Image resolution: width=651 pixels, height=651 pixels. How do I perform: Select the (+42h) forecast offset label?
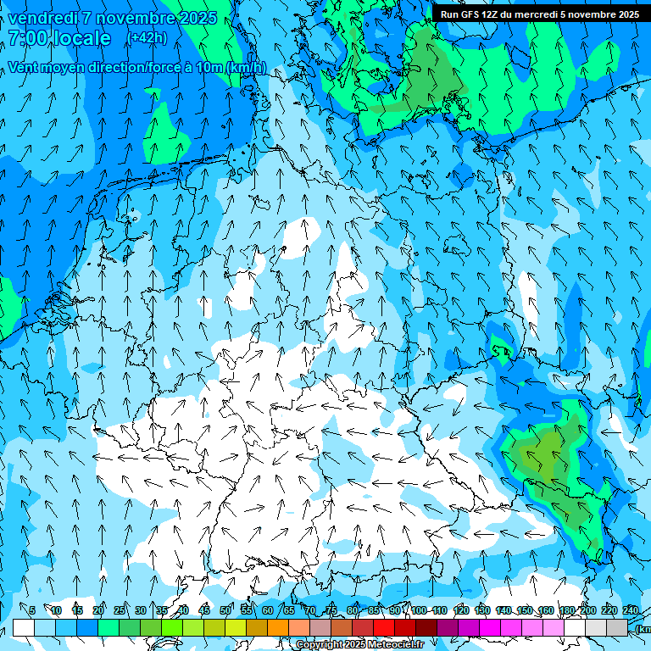coord(147,38)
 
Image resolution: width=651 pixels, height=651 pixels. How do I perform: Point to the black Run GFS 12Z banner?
coord(540,14)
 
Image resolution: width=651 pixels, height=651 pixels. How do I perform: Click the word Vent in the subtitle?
coord(25,68)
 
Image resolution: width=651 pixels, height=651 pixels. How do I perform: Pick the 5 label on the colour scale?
coord(31,610)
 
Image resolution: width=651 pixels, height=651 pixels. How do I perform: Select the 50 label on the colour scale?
coord(225,610)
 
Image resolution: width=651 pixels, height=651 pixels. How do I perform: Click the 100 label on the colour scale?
coord(419,610)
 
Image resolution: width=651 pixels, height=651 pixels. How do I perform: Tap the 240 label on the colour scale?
coord(631,610)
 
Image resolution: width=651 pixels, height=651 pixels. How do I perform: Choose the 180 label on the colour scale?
coord(567,610)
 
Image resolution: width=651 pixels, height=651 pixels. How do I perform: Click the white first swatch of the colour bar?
coord(24,627)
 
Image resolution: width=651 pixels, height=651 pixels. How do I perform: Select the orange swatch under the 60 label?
coord(278,627)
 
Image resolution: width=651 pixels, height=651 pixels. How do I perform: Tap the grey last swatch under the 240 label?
coord(617,627)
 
